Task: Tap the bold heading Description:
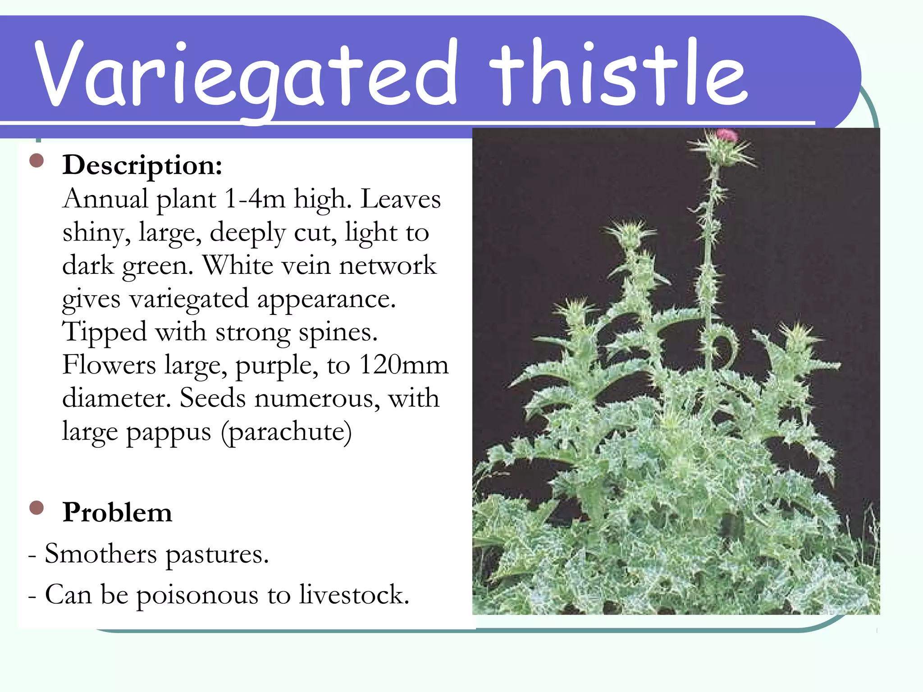pyautogui.click(x=142, y=165)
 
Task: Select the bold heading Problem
pyautogui.click(x=117, y=512)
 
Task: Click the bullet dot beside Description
pyautogui.click(x=37, y=160)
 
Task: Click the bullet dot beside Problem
pyautogui.click(x=37, y=508)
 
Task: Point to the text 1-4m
pyautogui.click(x=255, y=199)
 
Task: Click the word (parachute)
pyautogui.click(x=286, y=432)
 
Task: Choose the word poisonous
pyautogui.click(x=197, y=595)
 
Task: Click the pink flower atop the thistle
pyautogui.click(x=726, y=135)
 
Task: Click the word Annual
pyautogui.click(x=105, y=199)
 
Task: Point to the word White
pyautogui.click(x=238, y=265)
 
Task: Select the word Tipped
pyautogui.click(x=105, y=332)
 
